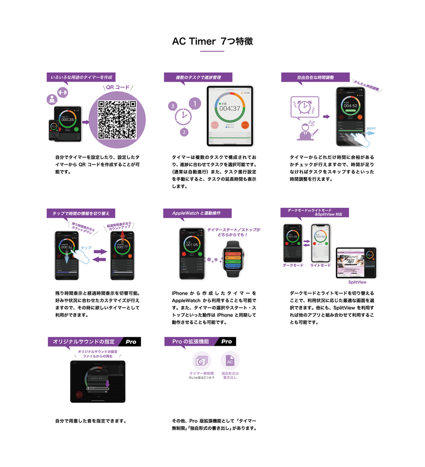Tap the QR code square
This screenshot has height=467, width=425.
pos(117,119)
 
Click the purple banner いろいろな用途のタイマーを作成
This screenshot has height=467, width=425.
pos(81,77)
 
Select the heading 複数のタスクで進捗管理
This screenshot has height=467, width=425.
pos(197,78)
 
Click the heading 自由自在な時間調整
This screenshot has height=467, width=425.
pos(315,78)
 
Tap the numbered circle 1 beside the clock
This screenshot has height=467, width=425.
pos(195,104)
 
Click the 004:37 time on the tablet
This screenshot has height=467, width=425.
pos(230,108)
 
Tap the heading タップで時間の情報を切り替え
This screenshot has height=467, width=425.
pos(81,213)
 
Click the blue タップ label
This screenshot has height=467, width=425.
pos(86,247)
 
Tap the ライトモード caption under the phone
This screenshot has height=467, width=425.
pos(320,265)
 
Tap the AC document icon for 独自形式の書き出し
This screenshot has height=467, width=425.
pos(230,361)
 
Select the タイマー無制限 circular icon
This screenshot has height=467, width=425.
pos(201,361)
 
